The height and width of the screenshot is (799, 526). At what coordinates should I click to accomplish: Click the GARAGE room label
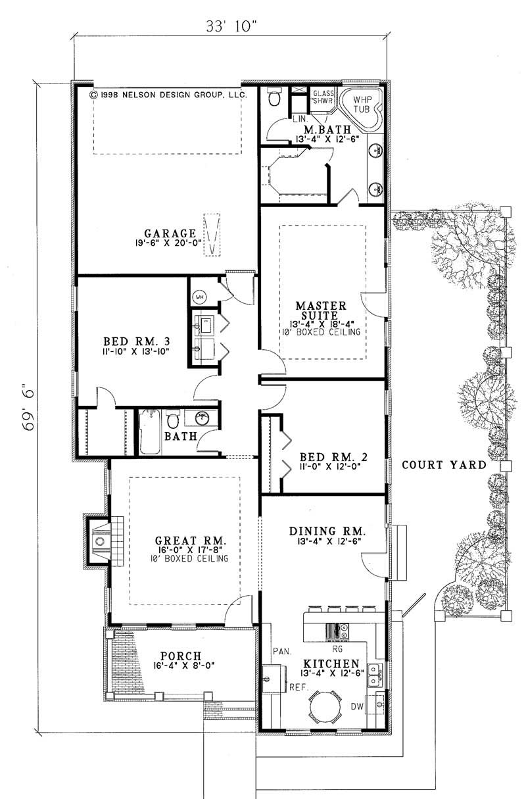(170, 233)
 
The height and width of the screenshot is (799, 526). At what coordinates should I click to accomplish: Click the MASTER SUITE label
(321, 310)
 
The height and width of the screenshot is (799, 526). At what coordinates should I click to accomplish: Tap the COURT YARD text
(444, 465)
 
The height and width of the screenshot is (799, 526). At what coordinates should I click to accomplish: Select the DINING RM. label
(327, 531)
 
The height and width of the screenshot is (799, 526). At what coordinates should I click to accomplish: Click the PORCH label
(179, 656)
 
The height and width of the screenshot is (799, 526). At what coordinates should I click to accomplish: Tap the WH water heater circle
(198, 297)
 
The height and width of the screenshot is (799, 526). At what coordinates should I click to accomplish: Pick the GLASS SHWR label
(323, 97)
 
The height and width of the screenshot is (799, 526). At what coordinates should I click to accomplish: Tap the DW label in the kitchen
(357, 708)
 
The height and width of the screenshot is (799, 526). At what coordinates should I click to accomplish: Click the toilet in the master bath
(274, 99)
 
